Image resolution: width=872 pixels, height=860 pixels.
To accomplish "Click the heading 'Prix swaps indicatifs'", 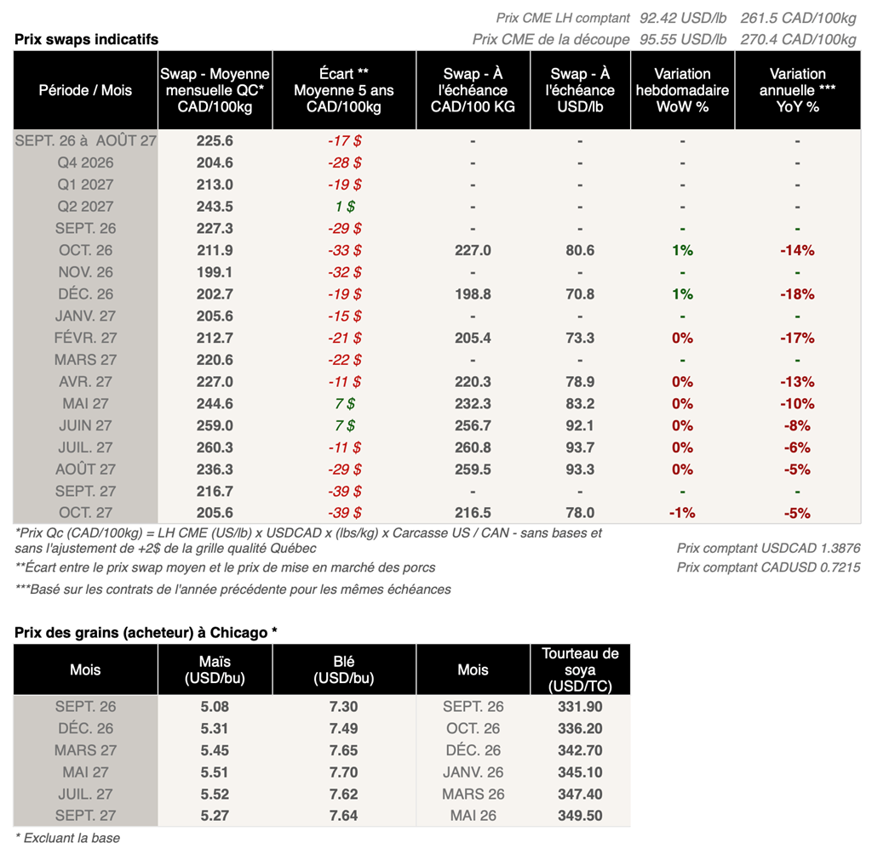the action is tap(86, 39).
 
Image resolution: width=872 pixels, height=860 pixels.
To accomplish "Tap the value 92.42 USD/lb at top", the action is tap(683, 19).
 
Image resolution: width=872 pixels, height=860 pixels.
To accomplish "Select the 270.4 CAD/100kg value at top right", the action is tap(798, 39).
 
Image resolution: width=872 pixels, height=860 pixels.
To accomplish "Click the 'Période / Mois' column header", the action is tap(86, 90).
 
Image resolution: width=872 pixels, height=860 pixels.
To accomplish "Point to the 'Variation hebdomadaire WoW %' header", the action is tap(682, 90).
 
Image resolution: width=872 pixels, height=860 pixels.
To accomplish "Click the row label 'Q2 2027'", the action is tap(86, 206).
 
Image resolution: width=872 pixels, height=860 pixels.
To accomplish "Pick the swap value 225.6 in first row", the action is tap(215, 140).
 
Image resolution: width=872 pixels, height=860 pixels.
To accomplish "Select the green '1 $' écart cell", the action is tap(345, 206).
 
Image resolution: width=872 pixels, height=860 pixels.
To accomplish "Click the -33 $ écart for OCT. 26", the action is tap(345, 250).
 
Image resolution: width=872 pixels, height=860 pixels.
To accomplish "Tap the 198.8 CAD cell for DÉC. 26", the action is tap(473, 293).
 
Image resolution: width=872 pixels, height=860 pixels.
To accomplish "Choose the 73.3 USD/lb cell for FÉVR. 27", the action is tap(580, 338).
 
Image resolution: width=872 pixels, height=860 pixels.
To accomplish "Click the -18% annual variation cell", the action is tap(797, 293).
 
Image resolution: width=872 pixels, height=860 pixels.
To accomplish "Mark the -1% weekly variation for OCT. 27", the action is tap(682, 513).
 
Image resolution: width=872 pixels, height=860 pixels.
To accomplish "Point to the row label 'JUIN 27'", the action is tap(86, 425).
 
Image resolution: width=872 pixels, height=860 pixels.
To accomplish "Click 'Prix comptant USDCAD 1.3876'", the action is tap(769, 549).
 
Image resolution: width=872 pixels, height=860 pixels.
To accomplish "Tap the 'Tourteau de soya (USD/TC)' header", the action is tap(580, 669).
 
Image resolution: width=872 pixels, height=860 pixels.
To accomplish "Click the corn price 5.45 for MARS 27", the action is tap(215, 750).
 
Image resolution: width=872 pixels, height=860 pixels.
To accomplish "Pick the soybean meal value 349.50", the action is tap(580, 816).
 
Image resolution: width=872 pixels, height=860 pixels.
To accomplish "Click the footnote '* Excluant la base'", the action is tap(67, 839).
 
